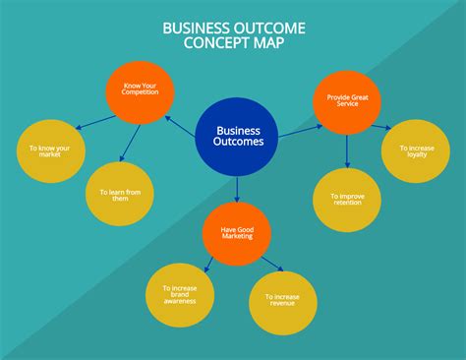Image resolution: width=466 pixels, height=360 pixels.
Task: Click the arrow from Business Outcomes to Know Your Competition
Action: [x=180, y=124]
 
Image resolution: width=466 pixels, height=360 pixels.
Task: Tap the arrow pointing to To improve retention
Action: [x=347, y=150]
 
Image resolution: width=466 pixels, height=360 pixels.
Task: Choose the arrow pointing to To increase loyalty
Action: [x=381, y=126]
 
